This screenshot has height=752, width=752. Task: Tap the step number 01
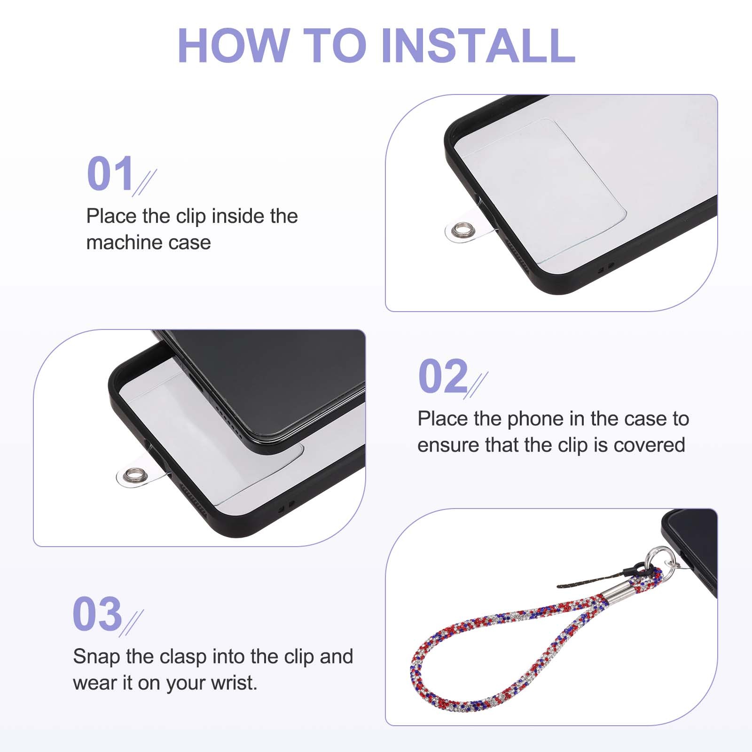tap(110, 173)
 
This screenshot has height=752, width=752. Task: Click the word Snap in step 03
tap(96, 657)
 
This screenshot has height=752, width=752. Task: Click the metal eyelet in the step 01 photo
tap(456, 231)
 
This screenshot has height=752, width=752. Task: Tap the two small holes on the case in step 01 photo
tap(605, 268)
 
